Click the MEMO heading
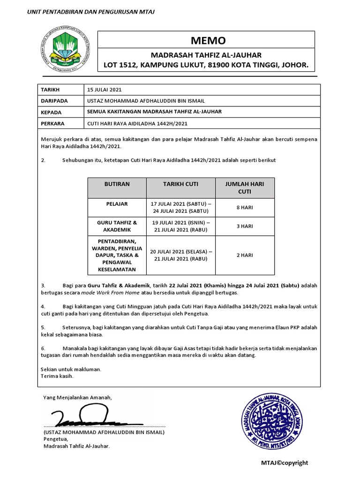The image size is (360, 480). [x=206, y=40]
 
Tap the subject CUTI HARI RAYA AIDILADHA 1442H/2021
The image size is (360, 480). [x=140, y=124]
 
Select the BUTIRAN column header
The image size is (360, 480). [x=117, y=184]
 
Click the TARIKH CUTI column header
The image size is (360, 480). [x=180, y=184]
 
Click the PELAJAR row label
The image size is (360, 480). [x=117, y=204]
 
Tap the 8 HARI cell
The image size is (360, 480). [x=244, y=207]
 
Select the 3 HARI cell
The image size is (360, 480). [x=244, y=226]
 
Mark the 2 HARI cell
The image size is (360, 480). [x=244, y=255]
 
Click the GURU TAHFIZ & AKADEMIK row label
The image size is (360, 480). [x=117, y=226]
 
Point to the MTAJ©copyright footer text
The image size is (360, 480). [x=285, y=463]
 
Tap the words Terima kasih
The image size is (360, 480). [x=57, y=376]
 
